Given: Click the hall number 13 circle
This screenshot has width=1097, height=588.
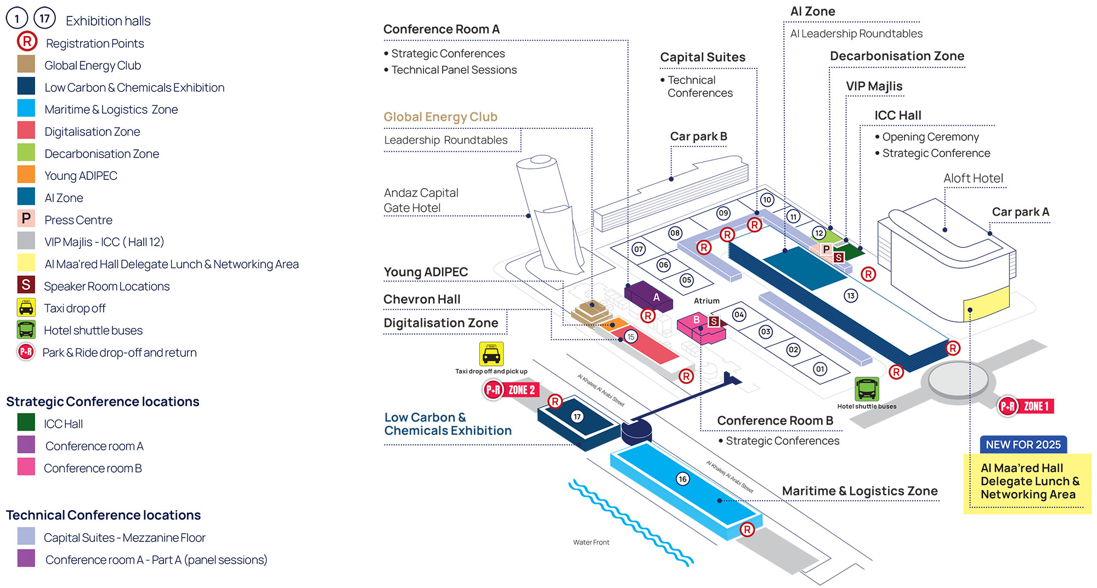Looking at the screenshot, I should click(x=851, y=296).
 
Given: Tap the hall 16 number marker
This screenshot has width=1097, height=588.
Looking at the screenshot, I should click(x=682, y=479).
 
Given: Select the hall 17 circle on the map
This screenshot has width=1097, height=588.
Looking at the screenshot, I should click(x=577, y=416).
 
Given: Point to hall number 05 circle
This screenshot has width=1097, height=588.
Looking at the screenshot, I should click(x=686, y=280).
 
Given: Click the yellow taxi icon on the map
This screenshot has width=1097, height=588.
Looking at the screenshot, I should click(x=491, y=354).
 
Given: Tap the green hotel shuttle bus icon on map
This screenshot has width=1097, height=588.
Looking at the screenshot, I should click(x=867, y=389).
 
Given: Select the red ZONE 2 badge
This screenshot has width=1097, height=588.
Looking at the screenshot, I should click(x=521, y=390).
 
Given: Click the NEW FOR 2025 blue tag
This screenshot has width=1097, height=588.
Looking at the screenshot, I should click(x=1023, y=444).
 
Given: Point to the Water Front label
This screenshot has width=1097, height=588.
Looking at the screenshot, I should click(x=591, y=542).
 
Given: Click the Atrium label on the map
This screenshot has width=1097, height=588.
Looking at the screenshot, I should click(x=706, y=301).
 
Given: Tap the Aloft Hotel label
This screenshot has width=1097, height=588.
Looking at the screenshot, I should click(x=973, y=178).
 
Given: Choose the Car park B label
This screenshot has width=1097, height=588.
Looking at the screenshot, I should click(x=698, y=136).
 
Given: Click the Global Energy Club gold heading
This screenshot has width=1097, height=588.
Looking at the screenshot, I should click(x=440, y=117).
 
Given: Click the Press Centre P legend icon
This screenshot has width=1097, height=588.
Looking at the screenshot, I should click(x=26, y=219).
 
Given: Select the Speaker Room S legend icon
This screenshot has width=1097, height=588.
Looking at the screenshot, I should click(x=26, y=285).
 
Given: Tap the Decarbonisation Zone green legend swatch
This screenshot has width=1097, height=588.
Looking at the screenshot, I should click(x=26, y=152).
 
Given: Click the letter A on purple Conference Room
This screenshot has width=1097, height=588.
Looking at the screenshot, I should click(x=656, y=297).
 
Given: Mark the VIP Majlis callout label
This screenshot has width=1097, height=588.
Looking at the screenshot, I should click(x=874, y=86).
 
